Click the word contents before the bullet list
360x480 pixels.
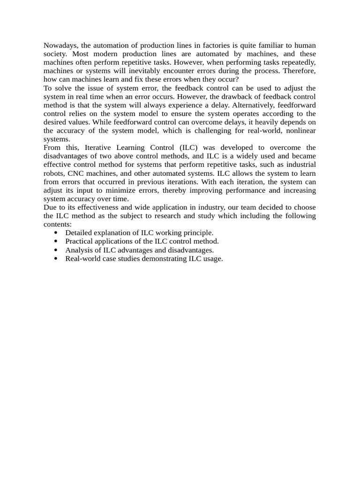[57, 225]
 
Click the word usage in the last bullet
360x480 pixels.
[213, 259]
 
